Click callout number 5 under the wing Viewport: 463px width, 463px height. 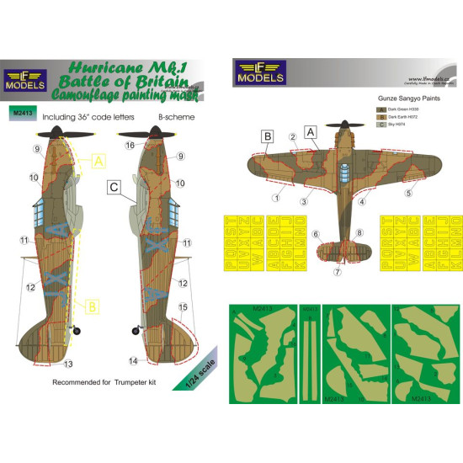[411, 193]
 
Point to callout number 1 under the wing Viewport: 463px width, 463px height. [276, 199]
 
